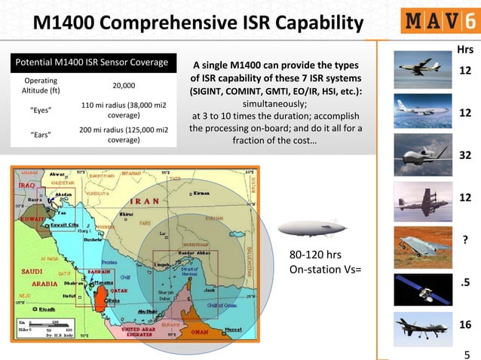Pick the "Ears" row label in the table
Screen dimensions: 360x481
(x=39, y=136)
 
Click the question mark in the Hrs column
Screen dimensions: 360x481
(x=465, y=240)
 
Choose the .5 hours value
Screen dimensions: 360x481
(x=465, y=283)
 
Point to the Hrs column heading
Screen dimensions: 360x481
(x=465, y=50)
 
